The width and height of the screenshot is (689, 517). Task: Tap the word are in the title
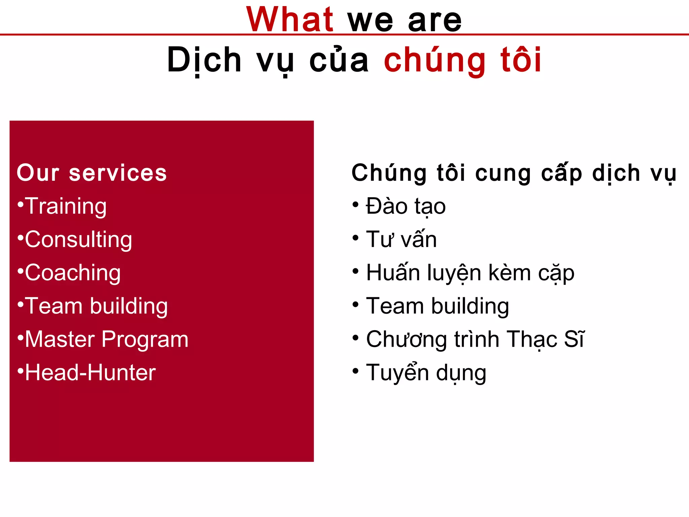(435, 21)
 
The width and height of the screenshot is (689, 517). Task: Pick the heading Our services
(92, 173)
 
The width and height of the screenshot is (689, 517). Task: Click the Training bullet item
(66, 206)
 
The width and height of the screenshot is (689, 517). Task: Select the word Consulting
(78, 239)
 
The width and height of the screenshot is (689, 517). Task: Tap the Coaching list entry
(73, 273)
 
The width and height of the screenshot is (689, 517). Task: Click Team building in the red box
(96, 306)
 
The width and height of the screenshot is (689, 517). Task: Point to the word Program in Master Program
(145, 339)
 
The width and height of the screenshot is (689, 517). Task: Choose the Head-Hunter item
(90, 373)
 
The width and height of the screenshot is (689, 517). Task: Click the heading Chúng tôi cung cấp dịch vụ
(514, 173)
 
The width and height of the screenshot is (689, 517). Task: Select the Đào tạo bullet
(406, 206)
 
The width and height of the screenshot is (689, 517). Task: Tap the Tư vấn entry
(401, 239)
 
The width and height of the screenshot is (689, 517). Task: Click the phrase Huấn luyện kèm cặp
(470, 273)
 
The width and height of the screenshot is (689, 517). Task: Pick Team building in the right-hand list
(437, 306)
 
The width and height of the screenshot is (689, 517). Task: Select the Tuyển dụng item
(426, 373)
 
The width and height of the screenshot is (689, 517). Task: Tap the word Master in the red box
(60, 339)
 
